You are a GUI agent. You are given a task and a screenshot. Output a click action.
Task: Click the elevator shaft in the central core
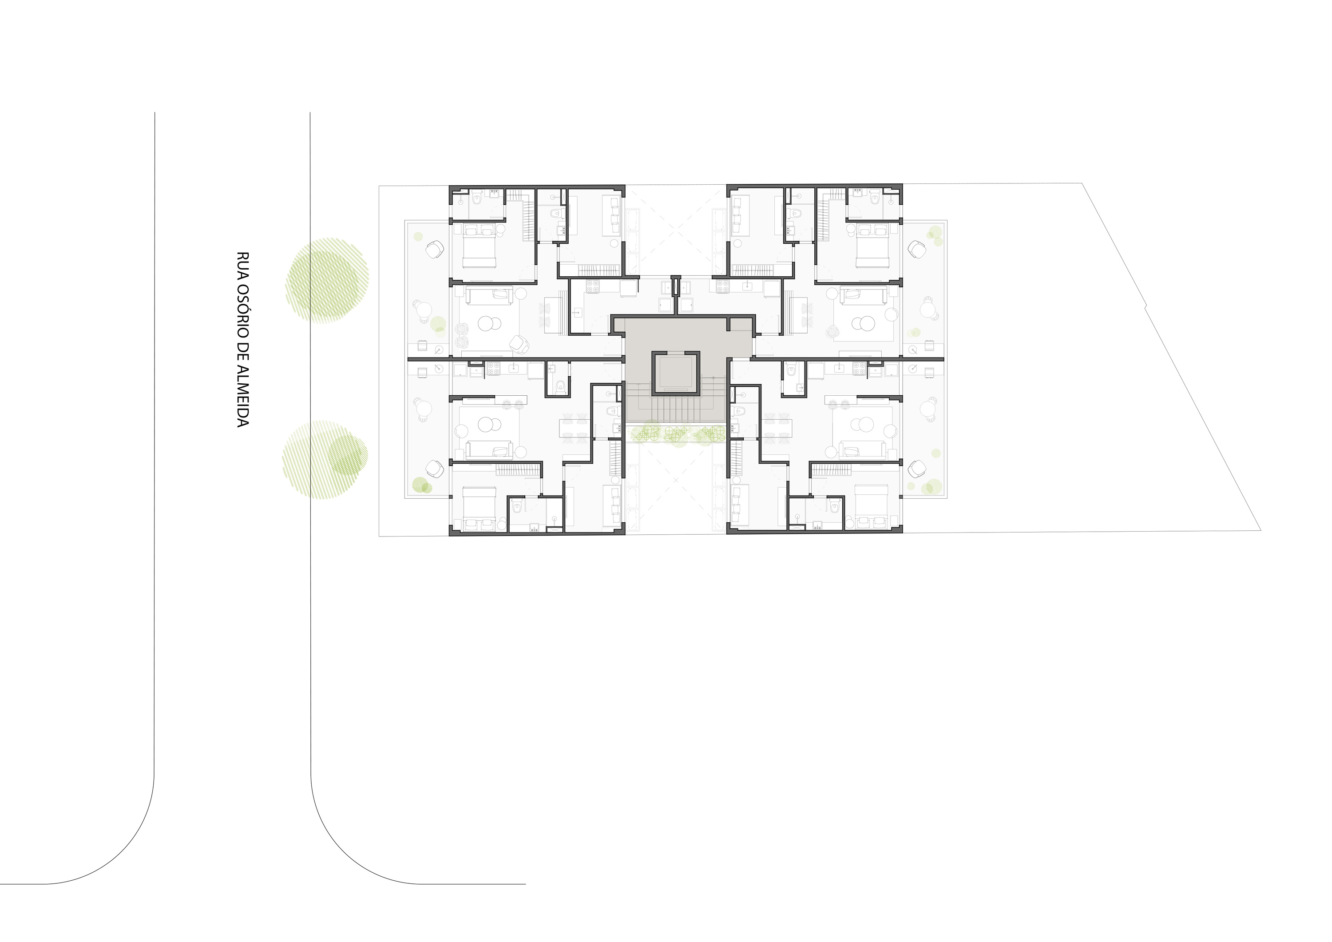(676, 373)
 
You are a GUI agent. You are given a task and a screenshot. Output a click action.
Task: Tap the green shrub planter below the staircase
(676, 433)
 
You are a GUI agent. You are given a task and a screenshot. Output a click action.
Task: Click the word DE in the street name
(242, 355)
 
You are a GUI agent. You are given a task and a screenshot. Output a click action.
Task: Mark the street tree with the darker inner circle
(325, 460)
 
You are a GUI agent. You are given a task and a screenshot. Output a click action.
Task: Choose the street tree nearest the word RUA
(327, 280)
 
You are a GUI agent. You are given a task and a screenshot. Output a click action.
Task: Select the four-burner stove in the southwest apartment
(493, 369)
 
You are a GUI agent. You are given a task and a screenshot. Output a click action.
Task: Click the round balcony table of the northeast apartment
(929, 309)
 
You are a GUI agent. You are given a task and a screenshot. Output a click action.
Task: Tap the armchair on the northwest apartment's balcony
(435, 251)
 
